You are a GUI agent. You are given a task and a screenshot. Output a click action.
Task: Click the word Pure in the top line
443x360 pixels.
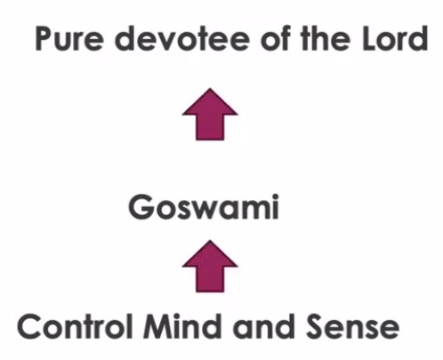pyautogui.click(x=69, y=38)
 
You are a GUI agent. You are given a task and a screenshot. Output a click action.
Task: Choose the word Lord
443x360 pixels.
pyautogui.click(x=395, y=38)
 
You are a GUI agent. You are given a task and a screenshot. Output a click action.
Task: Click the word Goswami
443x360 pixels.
pyautogui.click(x=204, y=206)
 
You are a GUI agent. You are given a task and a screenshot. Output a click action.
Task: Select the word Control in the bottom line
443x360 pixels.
pyautogui.click(x=75, y=326)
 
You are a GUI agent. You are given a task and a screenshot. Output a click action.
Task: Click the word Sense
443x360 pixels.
pyautogui.click(x=352, y=326)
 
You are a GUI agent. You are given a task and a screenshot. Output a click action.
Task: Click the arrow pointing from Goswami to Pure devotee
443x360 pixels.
pyautogui.click(x=210, y=114)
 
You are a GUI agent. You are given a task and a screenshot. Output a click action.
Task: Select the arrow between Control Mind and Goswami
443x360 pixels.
pyautogui.click(x=210, y=266)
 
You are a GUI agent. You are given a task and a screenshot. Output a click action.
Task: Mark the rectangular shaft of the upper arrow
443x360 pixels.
pyautogui.click(x=210, y=127)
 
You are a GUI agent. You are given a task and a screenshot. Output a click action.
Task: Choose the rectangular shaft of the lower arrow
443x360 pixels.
pyautogui.click(x=210, y=280)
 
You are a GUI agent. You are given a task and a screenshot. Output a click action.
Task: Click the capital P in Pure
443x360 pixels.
pyautogui.click(x=44, y=38)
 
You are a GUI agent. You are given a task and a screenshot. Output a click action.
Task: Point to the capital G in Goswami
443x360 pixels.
pyautogui.click(x=141, y=207)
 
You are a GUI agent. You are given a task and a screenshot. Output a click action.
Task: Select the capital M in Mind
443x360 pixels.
pyautogui.click(x=158, y=327)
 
